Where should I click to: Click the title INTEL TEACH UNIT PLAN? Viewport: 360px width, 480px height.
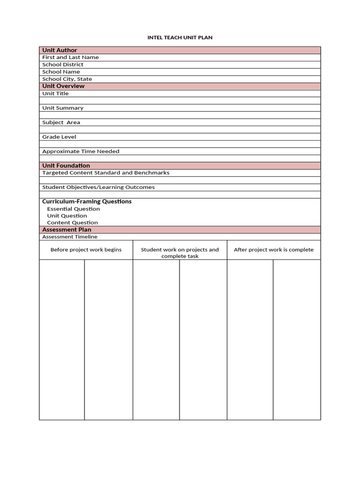pos(180,37)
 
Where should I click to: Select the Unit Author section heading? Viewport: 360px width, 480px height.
pos(60,50)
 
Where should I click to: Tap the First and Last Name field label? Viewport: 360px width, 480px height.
pos(70,57)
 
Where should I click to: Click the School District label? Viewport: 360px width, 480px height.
pos(63,65)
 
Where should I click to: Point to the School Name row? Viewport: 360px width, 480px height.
pos(61,72)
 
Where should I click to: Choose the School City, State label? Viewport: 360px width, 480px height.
pos(67,79)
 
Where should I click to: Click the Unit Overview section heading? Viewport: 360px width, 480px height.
pos(63,86)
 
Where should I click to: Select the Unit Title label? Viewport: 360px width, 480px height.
pos(55,94)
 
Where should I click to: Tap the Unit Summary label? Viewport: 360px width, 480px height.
pos(63,108)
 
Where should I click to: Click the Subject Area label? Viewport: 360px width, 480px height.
pos(61,122)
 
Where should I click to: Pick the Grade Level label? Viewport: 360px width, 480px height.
pos(59,137)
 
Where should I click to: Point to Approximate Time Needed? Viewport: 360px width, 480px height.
pos(81,151)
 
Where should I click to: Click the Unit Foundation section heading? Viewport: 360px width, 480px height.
pos(66,165)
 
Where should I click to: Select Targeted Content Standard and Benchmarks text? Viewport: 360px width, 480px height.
pos(105,173)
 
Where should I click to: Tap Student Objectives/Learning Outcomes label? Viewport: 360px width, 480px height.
pos(98,187)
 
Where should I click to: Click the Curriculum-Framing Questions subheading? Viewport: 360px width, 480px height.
pos(87,202)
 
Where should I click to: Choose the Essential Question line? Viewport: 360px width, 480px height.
pos(74,209)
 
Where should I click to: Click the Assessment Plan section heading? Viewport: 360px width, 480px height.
pos(67,230)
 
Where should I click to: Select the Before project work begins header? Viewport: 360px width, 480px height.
pos(86,250)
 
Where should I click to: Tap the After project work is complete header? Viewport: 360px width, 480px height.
pos(274,250)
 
